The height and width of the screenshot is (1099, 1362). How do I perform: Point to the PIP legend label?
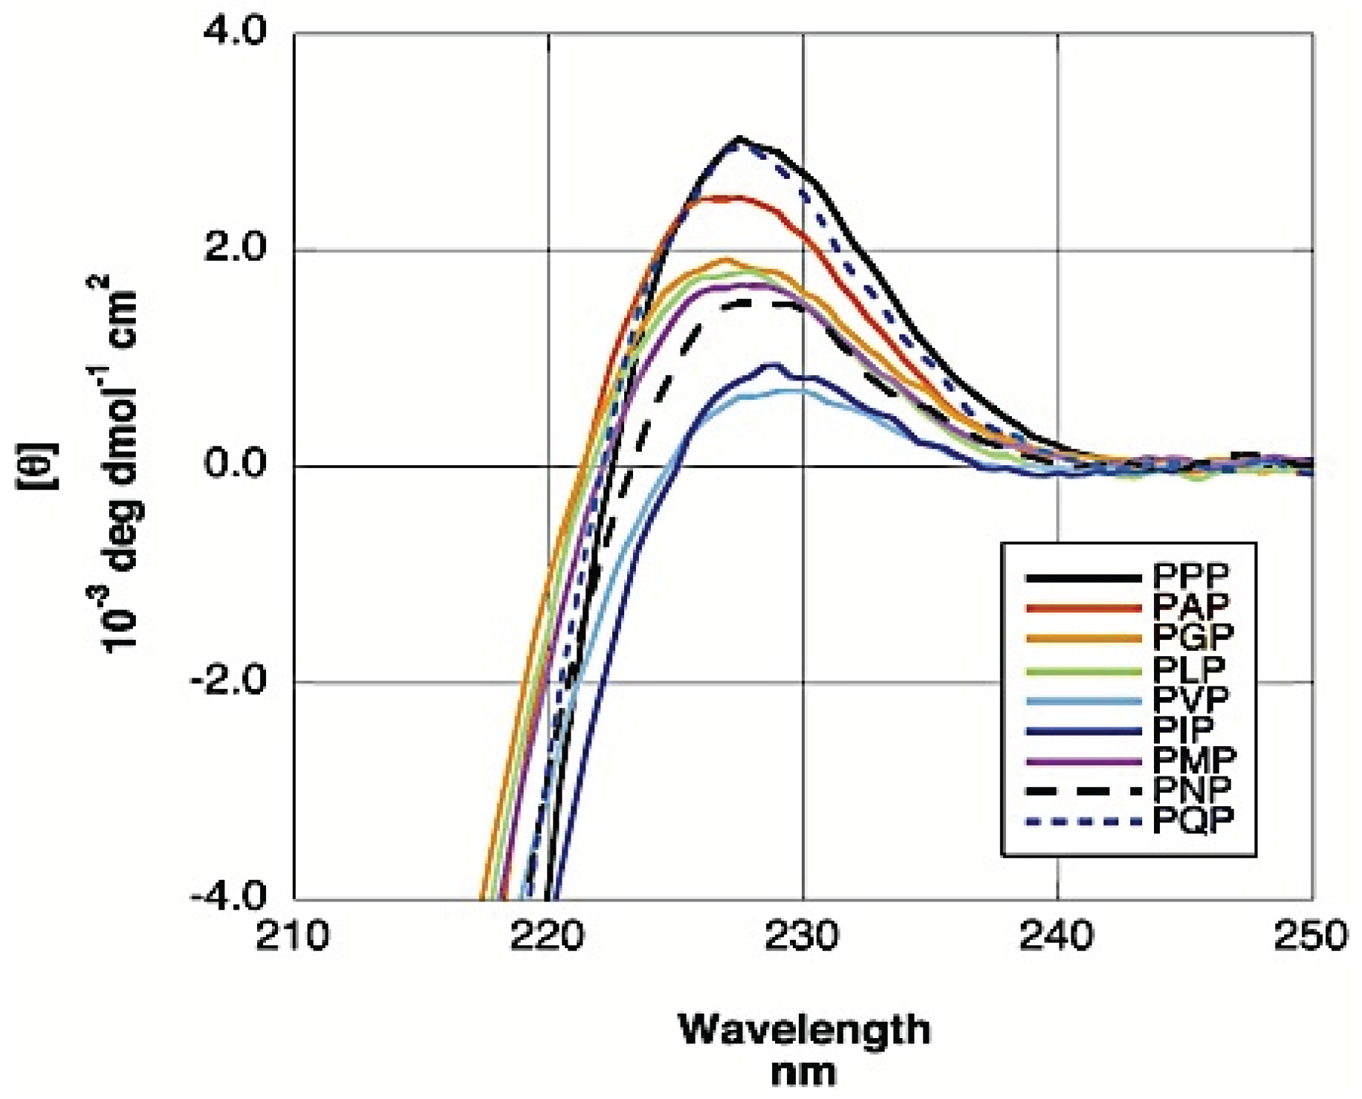(x=1184, y=729)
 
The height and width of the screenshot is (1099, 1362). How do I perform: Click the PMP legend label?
(x=1195, y=759)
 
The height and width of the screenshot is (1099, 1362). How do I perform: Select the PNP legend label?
(x=1192, y=790)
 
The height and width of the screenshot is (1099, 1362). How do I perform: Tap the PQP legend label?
(x=1193, y=820)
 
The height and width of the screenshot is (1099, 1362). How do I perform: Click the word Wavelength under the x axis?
(x=804, y=1031)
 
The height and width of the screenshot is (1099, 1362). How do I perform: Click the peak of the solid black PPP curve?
(x=739, y=138)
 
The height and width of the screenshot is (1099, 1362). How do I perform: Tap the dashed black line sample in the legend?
(x=1083, y=791)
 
